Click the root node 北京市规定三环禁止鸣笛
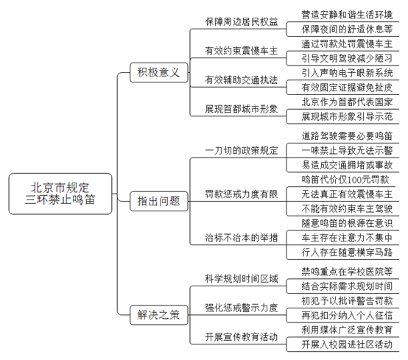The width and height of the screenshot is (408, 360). point(60,194)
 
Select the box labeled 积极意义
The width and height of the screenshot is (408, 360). point(159,73)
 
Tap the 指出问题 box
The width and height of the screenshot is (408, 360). point(159,201)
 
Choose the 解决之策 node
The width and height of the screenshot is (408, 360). point(159,315)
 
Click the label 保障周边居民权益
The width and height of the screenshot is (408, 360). point(242,21)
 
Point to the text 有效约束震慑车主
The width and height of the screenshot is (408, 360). point(242,51)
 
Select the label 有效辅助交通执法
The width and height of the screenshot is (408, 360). point(242,80)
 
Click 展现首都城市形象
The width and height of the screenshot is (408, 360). point(242,109)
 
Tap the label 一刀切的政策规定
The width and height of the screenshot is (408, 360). point(242,150)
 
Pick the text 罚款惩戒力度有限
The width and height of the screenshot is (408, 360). point(242,194)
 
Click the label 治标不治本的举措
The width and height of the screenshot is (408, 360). point(242,238)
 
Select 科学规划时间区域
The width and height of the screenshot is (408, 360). point(242,279)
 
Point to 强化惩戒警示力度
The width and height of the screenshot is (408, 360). point(242,308)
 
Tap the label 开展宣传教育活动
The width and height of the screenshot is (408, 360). point(242,337)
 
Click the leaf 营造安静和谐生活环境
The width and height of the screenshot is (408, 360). point(347,15)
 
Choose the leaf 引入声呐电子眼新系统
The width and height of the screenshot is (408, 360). point(347,73)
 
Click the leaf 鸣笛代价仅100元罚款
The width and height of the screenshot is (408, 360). point(345,180)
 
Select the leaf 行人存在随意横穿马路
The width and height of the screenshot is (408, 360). point(347,253)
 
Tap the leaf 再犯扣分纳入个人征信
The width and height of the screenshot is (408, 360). point(347,316)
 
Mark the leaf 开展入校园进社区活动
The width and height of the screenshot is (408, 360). point(347,345)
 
